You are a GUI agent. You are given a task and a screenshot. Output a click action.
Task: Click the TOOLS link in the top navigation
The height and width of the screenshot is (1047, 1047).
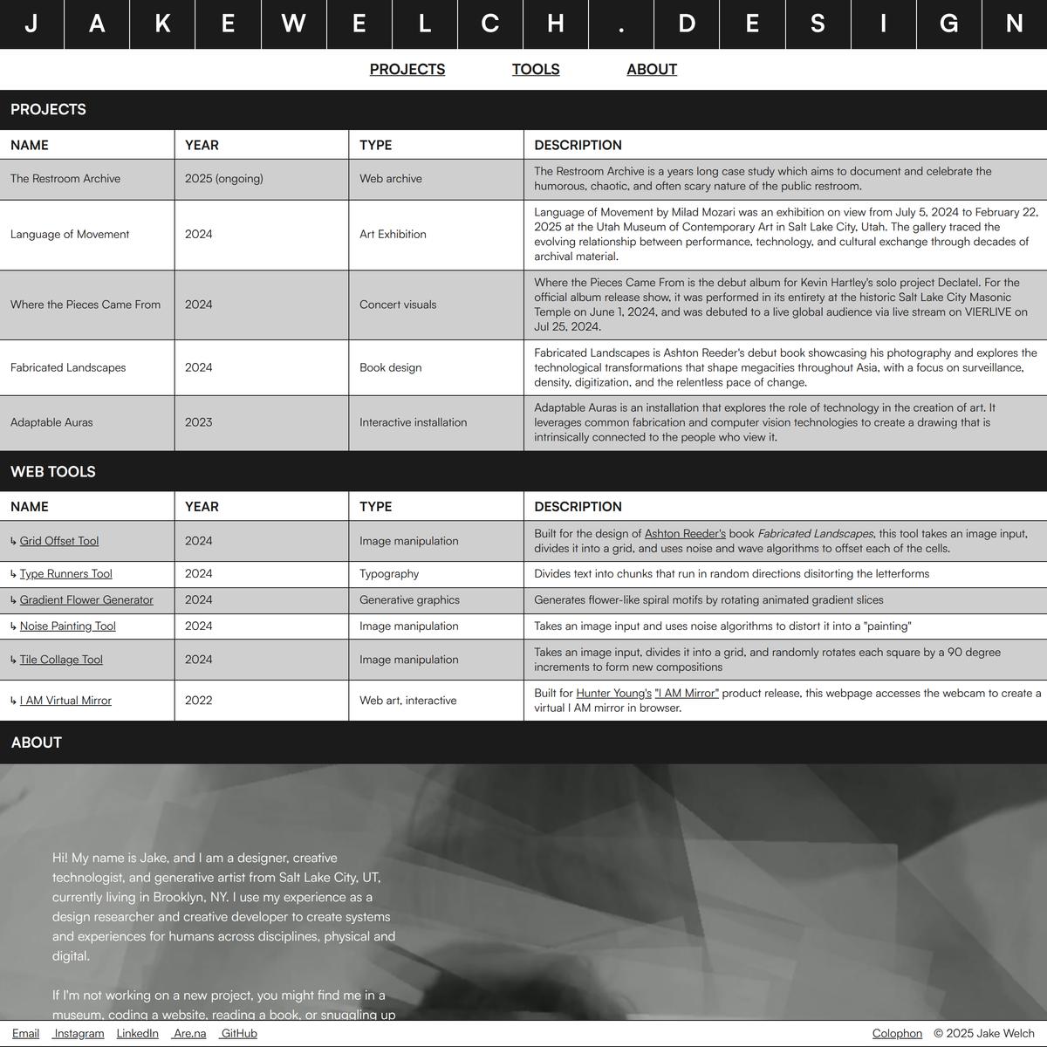pos(536,70)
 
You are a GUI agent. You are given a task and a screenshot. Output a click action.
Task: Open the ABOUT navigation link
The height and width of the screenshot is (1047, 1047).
pos(651,70)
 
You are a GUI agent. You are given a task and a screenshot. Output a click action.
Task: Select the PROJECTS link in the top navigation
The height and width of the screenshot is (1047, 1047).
pos(407,70)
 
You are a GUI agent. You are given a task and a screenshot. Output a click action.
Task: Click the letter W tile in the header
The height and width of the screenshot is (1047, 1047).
pos(293,24)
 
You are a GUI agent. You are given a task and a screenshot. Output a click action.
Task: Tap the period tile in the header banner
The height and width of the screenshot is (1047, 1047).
pos(621,24)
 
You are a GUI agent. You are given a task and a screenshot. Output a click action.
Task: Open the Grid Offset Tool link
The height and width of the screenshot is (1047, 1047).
pos(59,541)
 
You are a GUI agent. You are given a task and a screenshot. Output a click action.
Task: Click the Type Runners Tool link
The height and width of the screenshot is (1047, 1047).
pos(66,574)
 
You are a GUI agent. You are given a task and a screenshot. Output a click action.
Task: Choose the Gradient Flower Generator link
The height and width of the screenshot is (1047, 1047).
pos(86,600)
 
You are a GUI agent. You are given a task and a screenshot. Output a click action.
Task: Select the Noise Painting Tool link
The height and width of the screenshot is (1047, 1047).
pos(68,626)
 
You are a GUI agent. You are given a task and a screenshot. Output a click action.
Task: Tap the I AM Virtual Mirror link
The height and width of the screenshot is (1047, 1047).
pos(65,701)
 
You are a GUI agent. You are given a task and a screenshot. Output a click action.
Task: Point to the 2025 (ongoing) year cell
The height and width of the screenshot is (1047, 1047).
pos(224,179)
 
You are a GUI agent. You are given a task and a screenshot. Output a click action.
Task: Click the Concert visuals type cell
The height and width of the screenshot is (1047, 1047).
pos(398,305)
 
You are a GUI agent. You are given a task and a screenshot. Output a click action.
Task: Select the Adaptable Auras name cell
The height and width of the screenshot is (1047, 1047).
pos(51,422)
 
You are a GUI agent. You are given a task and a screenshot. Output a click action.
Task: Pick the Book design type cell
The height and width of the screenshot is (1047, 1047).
pos(390,367)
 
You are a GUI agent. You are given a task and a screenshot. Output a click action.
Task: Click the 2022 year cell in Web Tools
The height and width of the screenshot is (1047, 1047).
pos(199,701)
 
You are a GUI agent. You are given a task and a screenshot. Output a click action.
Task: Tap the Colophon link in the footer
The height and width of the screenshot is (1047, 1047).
pos(897,1034)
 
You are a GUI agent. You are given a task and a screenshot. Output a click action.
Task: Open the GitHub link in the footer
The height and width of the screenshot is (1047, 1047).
pos(238,1034)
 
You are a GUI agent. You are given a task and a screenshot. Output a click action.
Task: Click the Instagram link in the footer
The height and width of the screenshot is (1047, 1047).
pos(79,1034)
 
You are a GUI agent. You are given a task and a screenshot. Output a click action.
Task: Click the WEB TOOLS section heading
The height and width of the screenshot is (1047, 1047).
pos(53,472)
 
